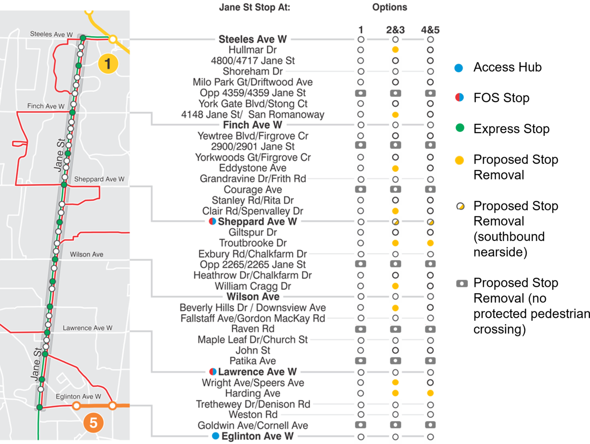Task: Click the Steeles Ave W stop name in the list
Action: pos(253,39)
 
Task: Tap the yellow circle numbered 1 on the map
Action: pos(108,63)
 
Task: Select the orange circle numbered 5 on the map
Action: pos(94,422)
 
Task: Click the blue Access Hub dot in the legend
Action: pos(459,68)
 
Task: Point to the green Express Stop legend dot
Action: pos(460,128)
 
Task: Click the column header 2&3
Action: pos(395,30)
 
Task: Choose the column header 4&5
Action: pos(430,30)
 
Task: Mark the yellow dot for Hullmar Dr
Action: pos(395,50)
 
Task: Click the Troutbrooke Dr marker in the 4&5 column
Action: pos(430,243)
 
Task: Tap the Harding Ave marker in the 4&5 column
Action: pos(430,393)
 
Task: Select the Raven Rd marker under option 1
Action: pos(360,329)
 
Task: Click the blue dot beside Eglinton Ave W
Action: pos(215,436)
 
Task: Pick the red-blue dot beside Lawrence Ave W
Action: pos(212,372)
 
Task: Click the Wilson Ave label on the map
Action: pos(87,254)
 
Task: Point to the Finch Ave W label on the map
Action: pos(46,106)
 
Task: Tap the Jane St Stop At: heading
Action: pos(254,7)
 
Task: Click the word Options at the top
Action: pos(389,7)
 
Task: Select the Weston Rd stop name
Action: pos(253,415)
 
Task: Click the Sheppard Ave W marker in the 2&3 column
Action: pos(395,222)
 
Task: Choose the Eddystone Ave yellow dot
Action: pos(395,169)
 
